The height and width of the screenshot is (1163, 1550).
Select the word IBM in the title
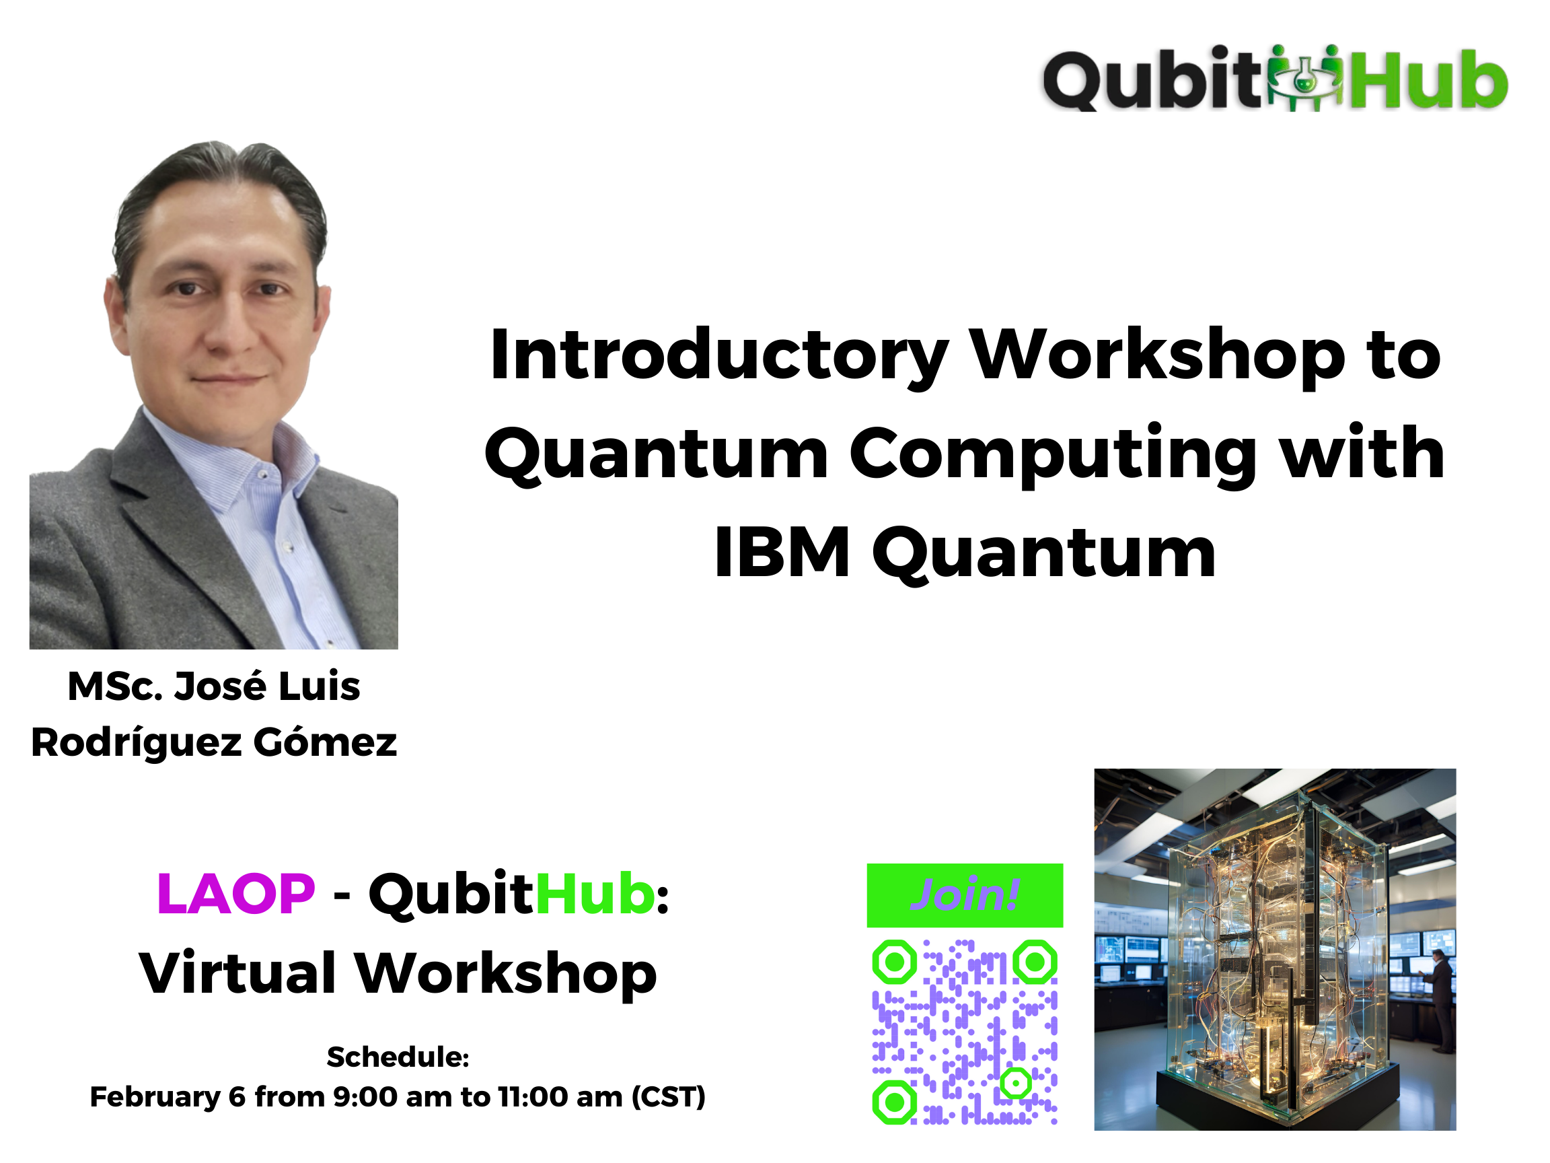coord(782,553)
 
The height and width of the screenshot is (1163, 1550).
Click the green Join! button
coord(965,895)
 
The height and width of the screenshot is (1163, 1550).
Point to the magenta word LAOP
coord(235,894)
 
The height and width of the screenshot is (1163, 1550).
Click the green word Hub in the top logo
coord(1430,79)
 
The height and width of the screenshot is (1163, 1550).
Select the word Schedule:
coord(398,1057)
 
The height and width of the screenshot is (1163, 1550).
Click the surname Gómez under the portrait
coord(325,742)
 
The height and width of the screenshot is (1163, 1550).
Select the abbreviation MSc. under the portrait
coord(115,686)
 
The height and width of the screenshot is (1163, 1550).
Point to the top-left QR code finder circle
coord(894,962)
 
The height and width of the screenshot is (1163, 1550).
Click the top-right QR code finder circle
coord(1035,962)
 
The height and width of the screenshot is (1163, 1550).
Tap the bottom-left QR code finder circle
coord(894,1102)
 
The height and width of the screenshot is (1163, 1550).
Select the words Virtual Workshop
coord(398,973)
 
